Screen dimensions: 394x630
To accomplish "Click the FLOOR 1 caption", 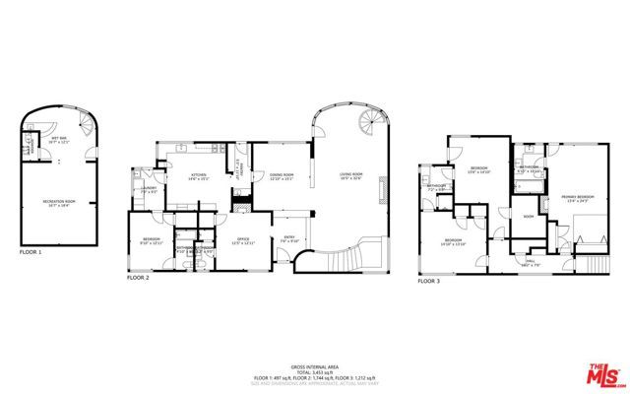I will (x=32, y=253).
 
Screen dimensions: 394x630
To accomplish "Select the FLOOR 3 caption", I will (x=428, y=281).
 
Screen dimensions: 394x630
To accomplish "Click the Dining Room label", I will (x=283, y=174).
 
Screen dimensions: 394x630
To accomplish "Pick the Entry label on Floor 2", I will (x=290, y=236).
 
